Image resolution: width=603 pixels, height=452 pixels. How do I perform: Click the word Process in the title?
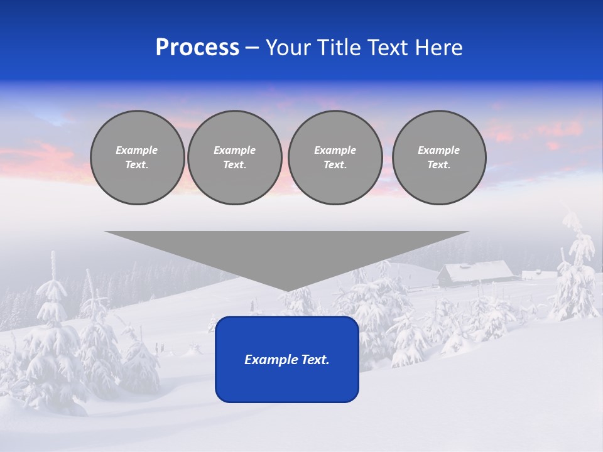click(197, 48)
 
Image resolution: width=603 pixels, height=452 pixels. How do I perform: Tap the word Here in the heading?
click(438, 48)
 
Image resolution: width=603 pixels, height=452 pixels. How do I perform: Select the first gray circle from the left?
click(137, 158)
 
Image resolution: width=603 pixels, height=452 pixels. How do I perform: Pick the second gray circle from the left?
click(234, 158)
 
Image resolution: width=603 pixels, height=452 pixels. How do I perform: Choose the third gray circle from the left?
click(335, 158)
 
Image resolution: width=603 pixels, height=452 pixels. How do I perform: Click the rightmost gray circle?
click(438, 158)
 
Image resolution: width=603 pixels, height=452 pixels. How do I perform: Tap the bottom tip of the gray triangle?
click(286, 289)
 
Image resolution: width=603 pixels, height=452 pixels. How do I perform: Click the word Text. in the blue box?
click(315, 360)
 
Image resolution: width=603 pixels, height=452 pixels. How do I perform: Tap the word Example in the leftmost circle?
click(137, 150)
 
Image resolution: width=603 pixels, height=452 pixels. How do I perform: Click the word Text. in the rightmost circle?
click(438, 165)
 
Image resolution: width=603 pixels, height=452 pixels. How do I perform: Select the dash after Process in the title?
click(253, 48)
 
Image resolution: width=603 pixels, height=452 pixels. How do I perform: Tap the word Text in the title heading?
click(388, 48)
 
